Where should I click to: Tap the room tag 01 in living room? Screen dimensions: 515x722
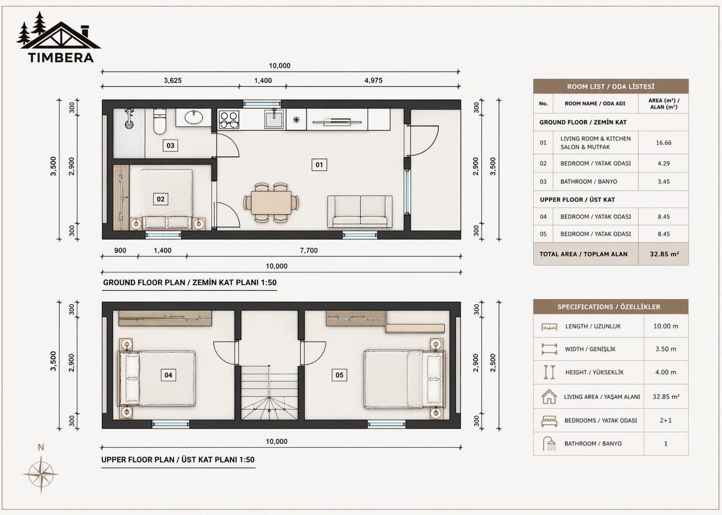319,165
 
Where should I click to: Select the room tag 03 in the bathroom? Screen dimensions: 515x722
170,146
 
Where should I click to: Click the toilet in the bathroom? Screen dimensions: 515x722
159,122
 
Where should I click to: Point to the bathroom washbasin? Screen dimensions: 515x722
194,118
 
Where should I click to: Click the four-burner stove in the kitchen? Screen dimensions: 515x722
229,119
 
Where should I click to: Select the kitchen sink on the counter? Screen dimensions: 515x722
273,119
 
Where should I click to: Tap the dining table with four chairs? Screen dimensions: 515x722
271,202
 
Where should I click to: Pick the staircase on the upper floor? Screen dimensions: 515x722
270,391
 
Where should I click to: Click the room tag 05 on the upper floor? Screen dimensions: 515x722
339,375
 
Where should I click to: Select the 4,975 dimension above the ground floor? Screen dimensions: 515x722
373,80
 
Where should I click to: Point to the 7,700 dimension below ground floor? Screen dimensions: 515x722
308,250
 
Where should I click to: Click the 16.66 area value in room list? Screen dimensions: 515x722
663,143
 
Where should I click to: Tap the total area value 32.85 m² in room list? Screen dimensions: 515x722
664,254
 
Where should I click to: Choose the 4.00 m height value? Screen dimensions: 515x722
665,372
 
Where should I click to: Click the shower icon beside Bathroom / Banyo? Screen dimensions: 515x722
549,443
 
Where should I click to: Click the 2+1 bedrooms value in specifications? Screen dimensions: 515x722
665,420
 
